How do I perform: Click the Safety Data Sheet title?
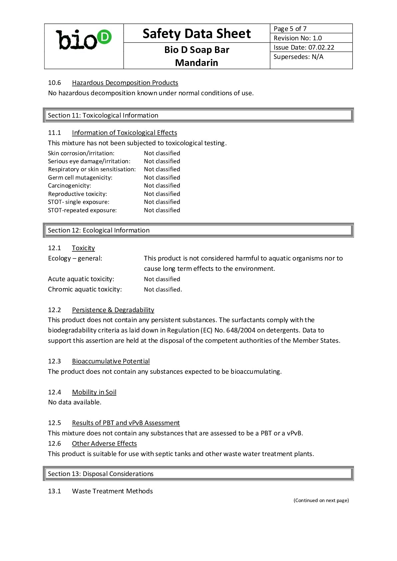pyautogui.click(x=196, y=34)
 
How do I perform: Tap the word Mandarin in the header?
pyautogui.click(x=196, y=63)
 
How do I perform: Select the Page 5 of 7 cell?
pyautogui.click(x=290, y=29)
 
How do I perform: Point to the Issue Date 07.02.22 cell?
pyautogui.click(x=304, y=47)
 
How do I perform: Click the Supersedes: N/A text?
pyautogui.click(x=298, y=57)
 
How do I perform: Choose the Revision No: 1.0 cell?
pyautogui.click(x=298, y=38)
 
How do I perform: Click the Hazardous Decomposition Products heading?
pyautogui.click(x=125, y=83)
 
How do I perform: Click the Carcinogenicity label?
pyautogui.click(x=69, y=186)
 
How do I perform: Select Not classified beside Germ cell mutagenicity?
pyautogui.click(x=162, y=178)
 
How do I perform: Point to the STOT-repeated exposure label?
pyautogui.click(x=82, y=210)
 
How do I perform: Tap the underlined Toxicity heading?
pyautogui.click(x=83, y=248)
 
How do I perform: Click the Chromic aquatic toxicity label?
pyautogui.click(x=85, y=289)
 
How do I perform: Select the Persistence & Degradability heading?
pyautogui.click(x=113, y=310)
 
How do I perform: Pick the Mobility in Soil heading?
pyautogui.click(x=94, y=392)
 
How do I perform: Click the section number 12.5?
pyautogui.click(x=54, y=423)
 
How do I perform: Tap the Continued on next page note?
pyautogui.click(x=321, y=500)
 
